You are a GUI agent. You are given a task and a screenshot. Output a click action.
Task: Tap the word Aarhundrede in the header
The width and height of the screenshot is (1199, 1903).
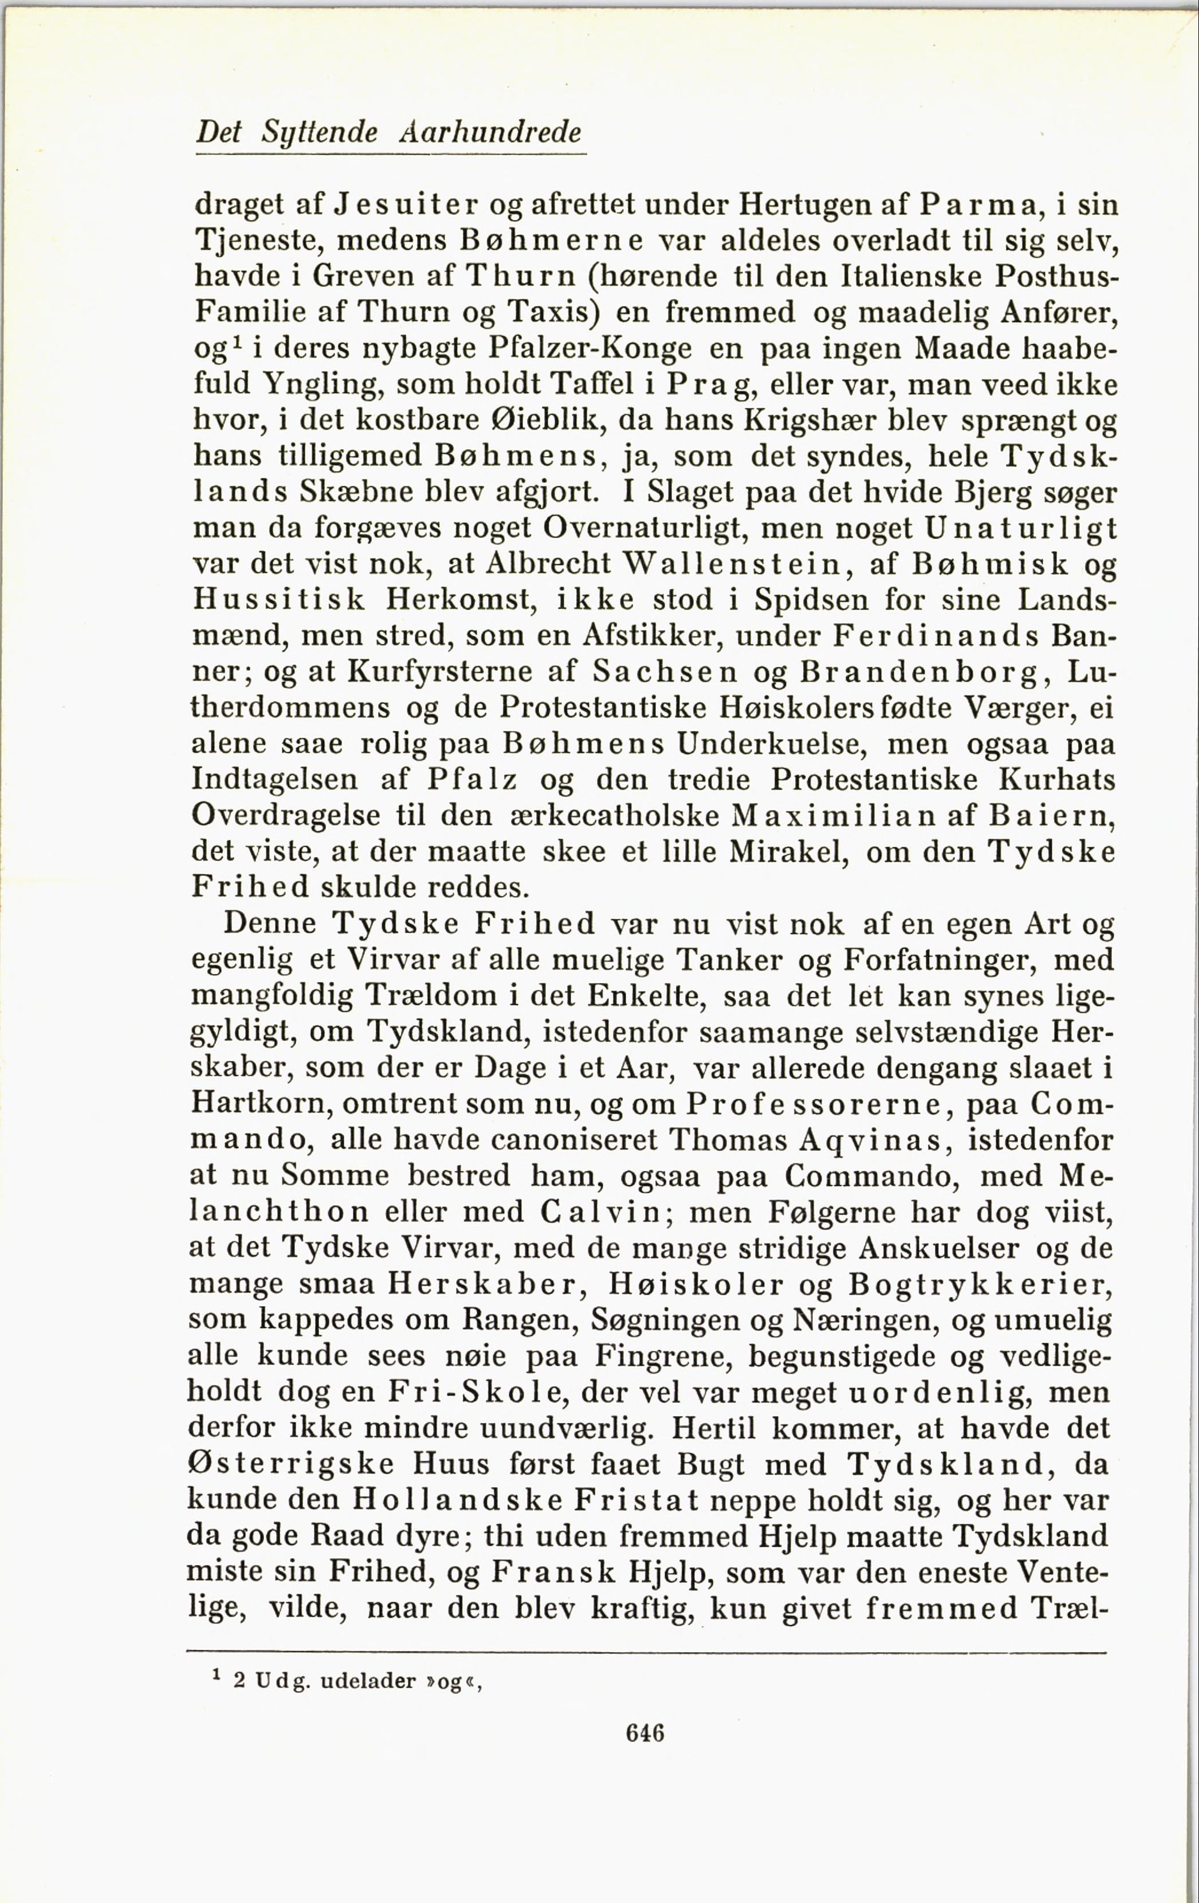pyautogui.click(x=490, y=131)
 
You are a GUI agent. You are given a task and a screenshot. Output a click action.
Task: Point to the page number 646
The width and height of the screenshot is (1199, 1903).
pyautogui.click(x=645, y=1733)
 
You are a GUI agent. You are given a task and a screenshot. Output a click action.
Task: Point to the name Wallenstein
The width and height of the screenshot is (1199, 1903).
pyautogui.click(x=737, y=564)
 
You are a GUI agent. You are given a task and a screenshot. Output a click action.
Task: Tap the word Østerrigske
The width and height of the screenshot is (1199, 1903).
pyautogui.click(x=290, y=1464)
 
